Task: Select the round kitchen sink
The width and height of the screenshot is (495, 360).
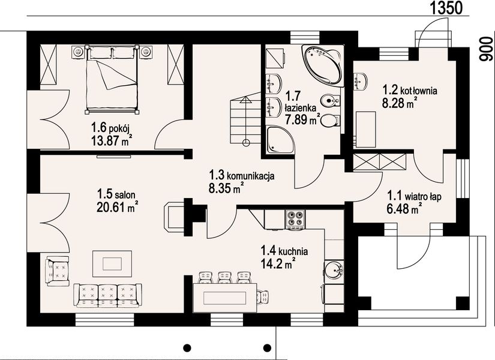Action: (334, 271)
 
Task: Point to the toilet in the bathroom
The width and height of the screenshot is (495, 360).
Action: (331, 121)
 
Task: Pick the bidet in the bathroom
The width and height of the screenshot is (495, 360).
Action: (330, 101)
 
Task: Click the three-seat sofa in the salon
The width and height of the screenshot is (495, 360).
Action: (107, 295)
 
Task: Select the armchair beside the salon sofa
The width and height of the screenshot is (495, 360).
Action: (58, 271)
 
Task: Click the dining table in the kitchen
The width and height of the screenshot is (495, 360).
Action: (225, 298)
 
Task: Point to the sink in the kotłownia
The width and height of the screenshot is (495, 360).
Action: (360, 82)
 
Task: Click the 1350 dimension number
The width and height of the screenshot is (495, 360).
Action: (446, 8)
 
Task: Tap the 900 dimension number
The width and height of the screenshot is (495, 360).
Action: (486, 49)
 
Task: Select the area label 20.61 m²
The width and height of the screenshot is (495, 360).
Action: (117, 207)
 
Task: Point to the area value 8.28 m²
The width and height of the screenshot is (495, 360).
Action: (398, 103)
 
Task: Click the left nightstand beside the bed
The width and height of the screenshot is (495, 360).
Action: (78, 52)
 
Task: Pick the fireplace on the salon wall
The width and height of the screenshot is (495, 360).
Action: (174, 217)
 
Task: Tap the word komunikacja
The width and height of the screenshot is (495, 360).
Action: (250, 176)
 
